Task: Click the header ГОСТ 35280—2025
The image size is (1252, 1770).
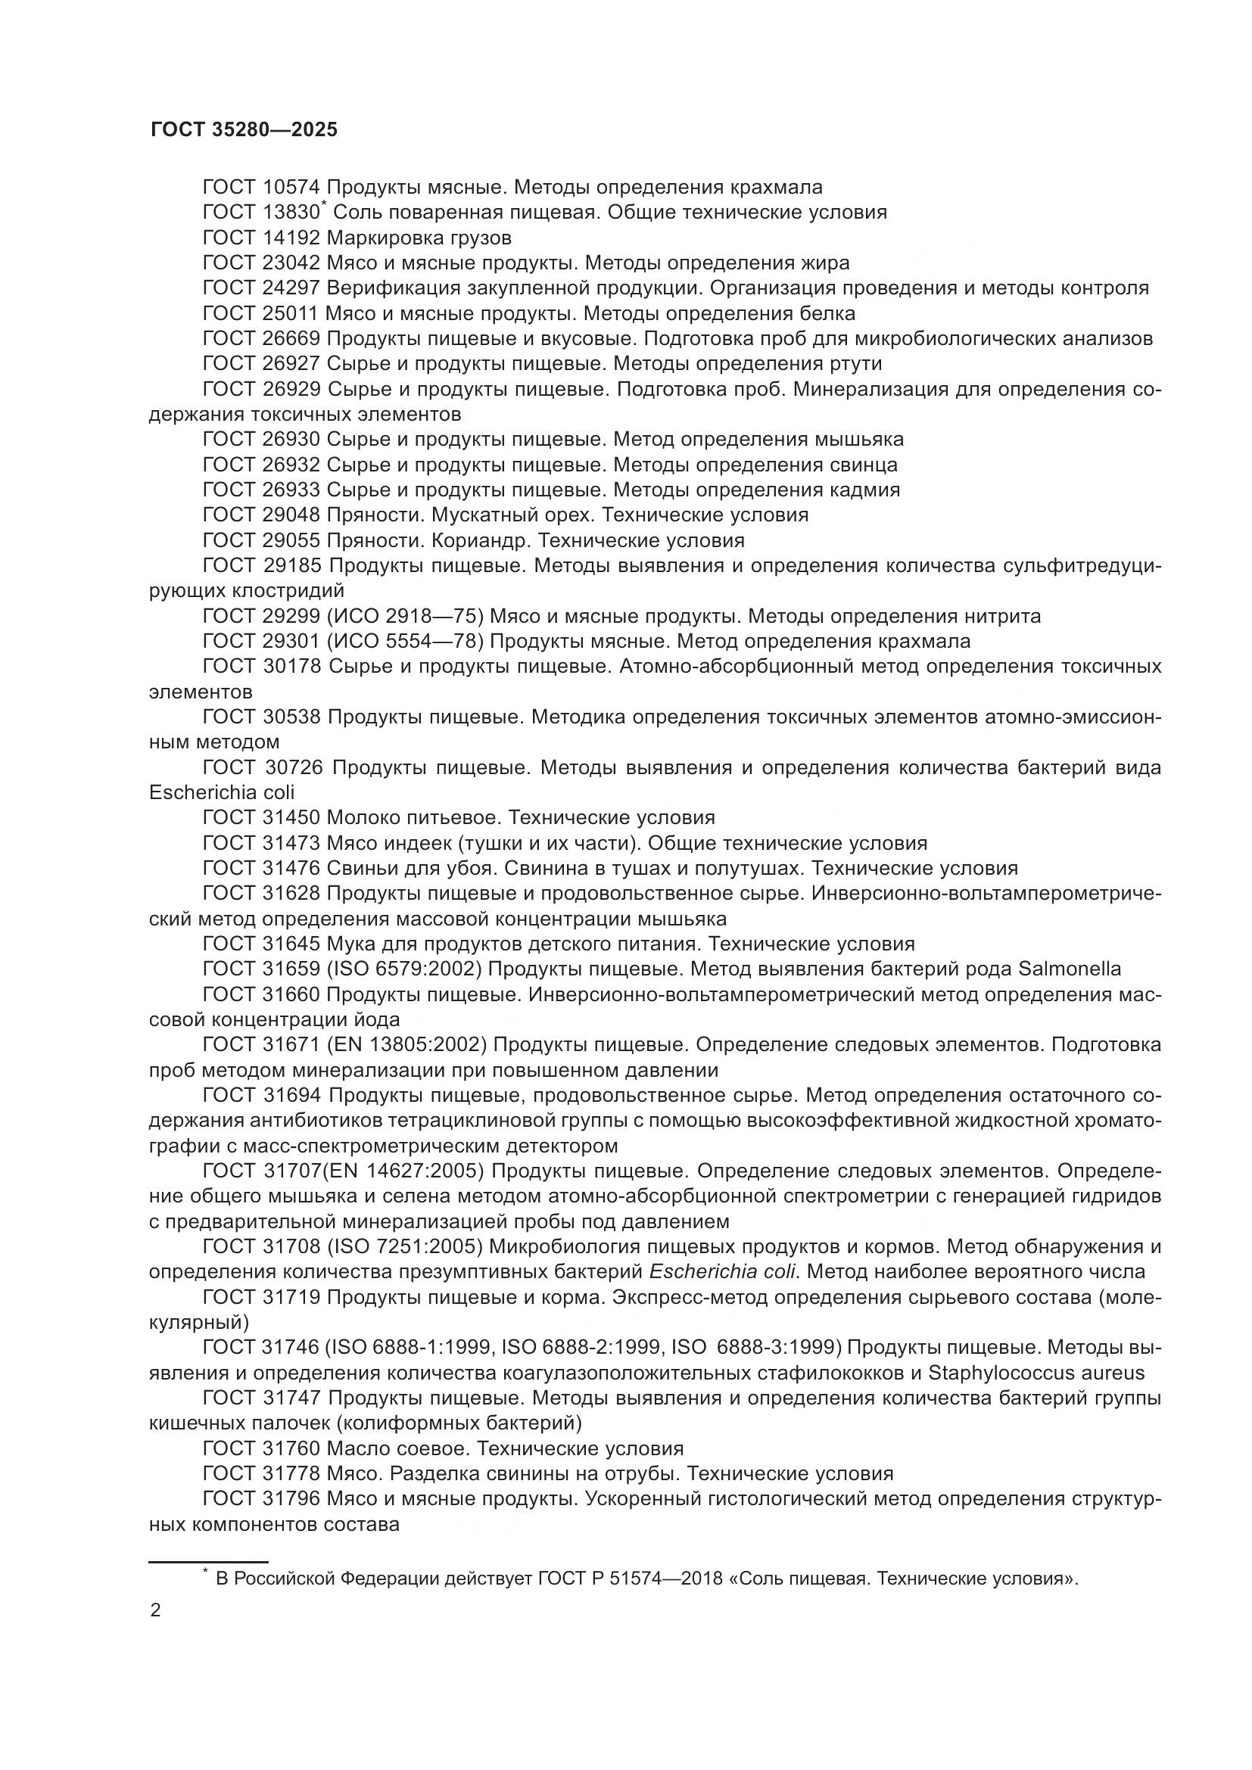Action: coord(244,129)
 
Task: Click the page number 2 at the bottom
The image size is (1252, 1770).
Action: coord(155,1610)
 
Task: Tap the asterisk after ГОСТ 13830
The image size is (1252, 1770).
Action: coord(324,204)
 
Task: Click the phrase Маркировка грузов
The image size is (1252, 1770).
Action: coord(419,238)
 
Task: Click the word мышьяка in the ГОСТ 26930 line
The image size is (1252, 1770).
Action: coord(858,440)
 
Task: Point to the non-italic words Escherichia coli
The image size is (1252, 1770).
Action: coord(221,792)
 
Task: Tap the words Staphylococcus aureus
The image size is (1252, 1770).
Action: coord(1036,1373)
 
